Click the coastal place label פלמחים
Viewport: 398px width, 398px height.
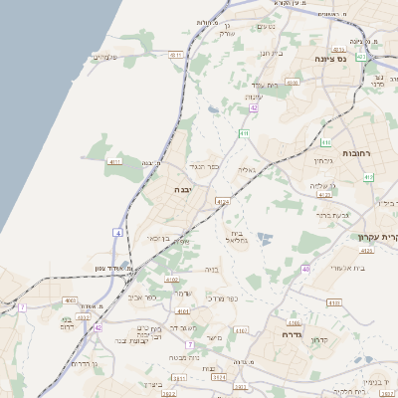(x=105, y=57)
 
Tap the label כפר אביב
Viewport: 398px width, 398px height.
(x=142, y=296)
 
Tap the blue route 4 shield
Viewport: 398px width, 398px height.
(x=117, y=232)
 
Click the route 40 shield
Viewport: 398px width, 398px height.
(x=305, y=268)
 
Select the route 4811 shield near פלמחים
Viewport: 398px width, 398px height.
(x=175, y=56)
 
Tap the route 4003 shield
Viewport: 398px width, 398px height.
(x=70, y=299)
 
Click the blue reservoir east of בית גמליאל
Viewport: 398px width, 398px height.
(x=264, y=239)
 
